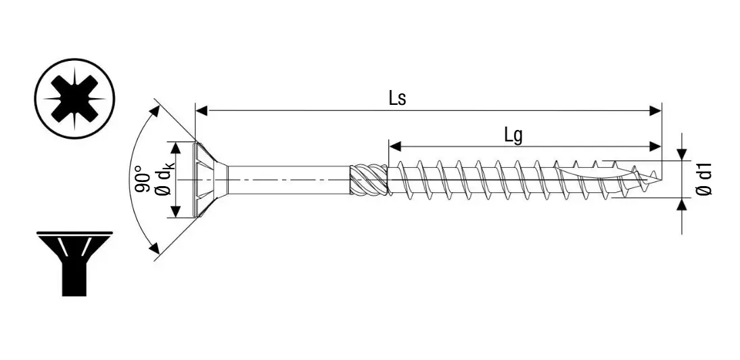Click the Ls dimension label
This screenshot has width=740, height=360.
[x=397, y=98]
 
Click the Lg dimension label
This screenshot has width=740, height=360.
[x=513, y=135]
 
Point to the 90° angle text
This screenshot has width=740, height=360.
[x=141, y=179]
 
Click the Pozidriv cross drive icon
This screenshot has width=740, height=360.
[x=75, y=98]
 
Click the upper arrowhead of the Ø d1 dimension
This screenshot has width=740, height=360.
[x=682, y=155]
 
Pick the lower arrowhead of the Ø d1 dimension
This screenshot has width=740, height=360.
[x=682, y=204]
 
